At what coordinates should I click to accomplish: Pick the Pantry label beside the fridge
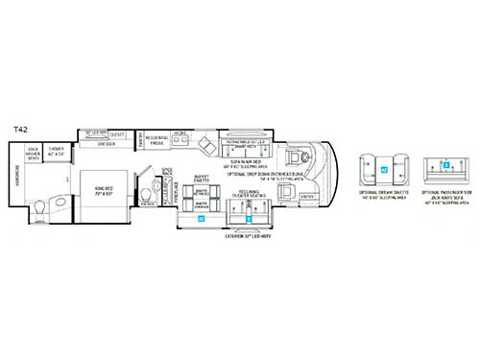tap(141, 141)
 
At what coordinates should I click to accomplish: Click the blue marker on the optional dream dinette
tap(384, 170)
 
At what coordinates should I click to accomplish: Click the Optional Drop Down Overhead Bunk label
tap(259, 172)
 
